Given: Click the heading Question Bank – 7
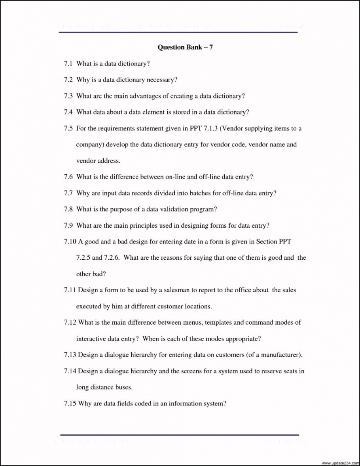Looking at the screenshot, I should point(186,47).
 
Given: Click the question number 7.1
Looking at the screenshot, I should point(68,63).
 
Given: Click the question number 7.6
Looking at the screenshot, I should point(68,177).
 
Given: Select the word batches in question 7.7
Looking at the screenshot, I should point(202,193).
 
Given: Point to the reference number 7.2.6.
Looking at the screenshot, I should point(112,258).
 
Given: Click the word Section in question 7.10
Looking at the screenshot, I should point(267,242).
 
